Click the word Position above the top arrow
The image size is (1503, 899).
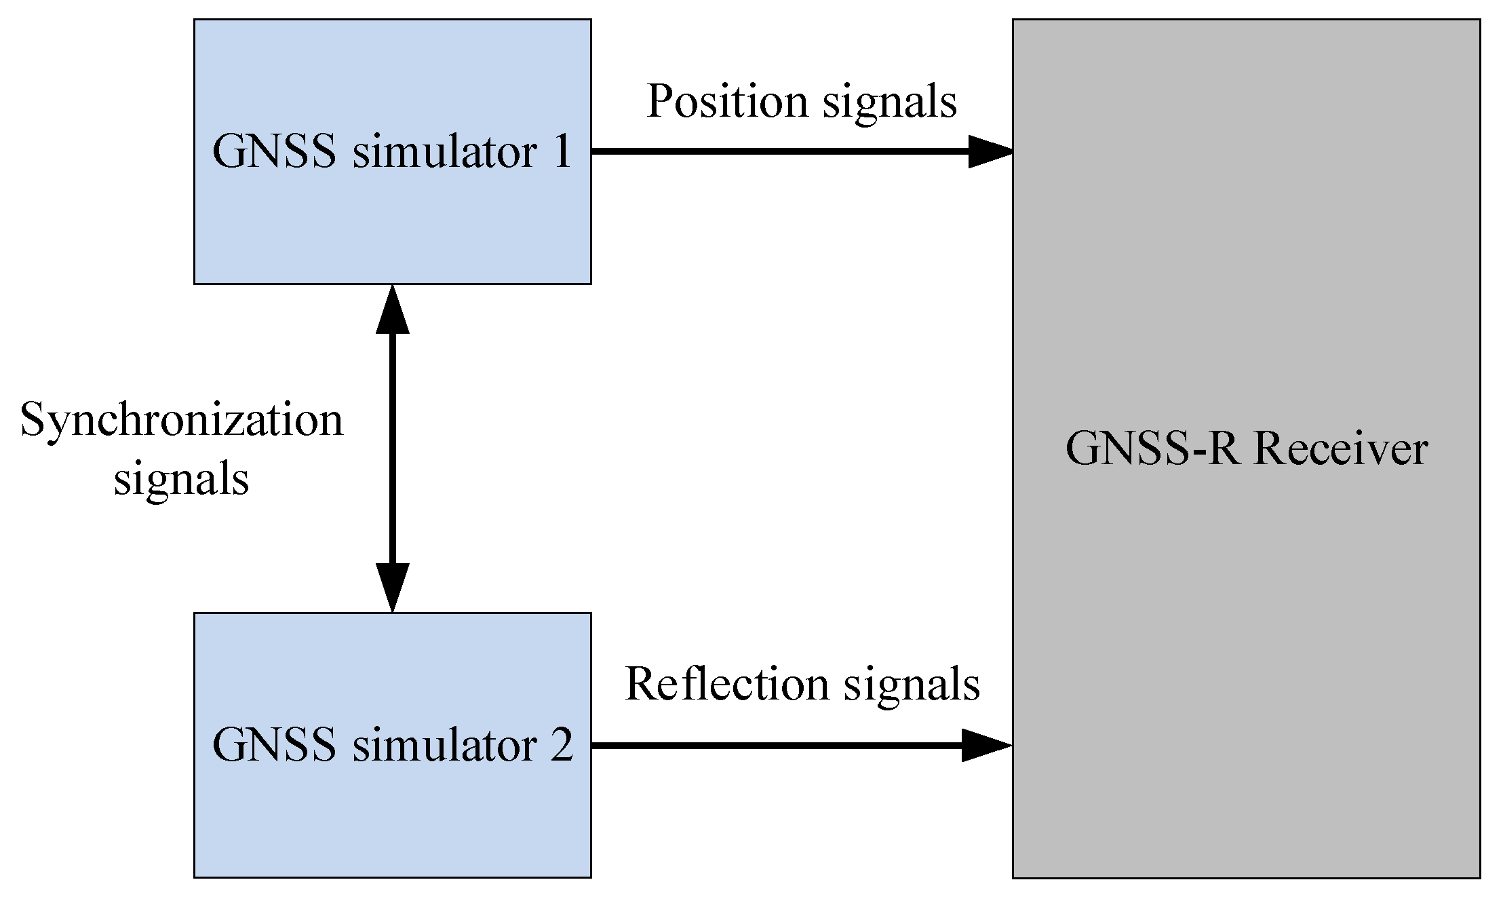727,102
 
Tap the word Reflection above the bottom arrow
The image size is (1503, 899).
726,684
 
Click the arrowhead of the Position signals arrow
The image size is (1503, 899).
990,151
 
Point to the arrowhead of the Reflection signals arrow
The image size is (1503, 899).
986,746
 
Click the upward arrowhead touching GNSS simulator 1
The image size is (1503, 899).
393,310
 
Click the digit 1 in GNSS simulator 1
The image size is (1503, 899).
562,151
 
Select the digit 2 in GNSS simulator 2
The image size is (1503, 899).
562,746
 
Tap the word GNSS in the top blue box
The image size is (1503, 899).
274,151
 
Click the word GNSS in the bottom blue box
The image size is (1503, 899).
274,746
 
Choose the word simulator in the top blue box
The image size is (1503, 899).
445,151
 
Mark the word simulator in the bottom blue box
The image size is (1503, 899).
445,746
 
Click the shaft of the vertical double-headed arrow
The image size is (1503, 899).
393,448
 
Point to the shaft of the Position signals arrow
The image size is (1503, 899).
780,151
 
